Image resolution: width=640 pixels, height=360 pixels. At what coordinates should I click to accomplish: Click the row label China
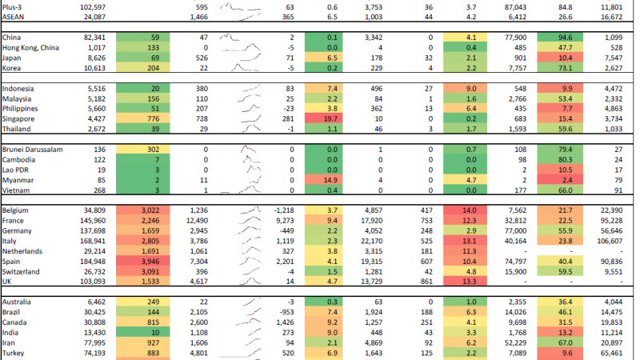pyautogui.click(x=12, y=37)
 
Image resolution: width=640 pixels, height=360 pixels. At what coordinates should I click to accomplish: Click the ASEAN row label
pyautogui.click(x=16, y=16)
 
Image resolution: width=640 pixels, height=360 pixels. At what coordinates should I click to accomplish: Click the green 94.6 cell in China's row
pyautogui.click(x=566, y=37)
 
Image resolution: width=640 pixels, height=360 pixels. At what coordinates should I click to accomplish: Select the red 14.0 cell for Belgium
pyautogui.click(x=466, y=209)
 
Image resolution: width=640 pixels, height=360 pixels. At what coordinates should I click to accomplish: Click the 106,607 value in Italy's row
pyautogui.click(x=618, y=240)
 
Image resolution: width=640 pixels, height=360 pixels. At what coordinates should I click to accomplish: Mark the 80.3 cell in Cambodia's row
pyautogui.click(x=566, y=159)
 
